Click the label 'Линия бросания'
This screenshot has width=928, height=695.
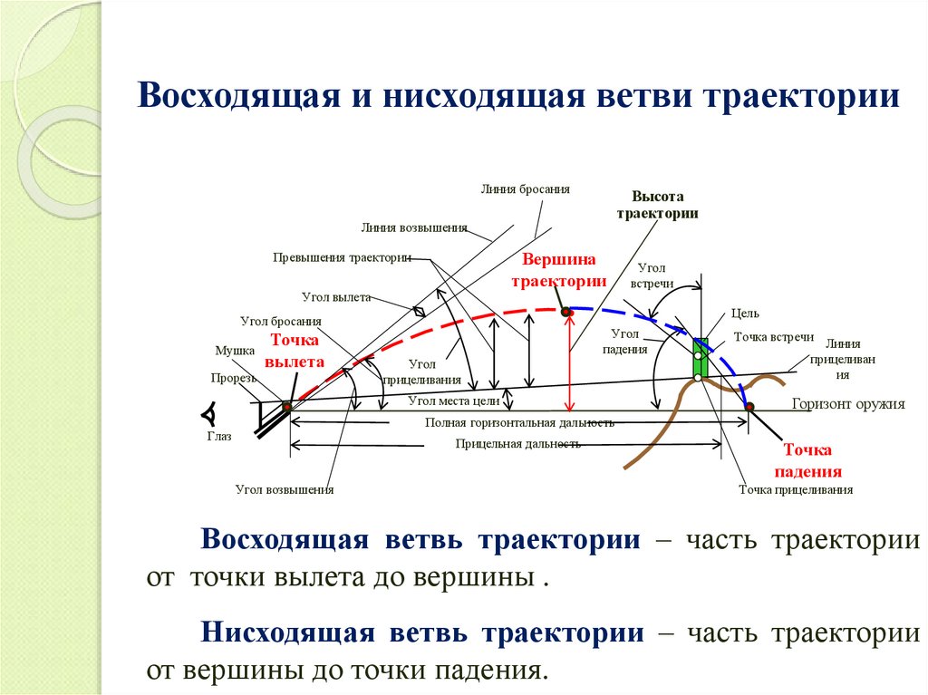pyautogui.click(x=526, y=189)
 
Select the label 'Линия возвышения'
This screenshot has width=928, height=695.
pyautogui.click(x=413, y=227)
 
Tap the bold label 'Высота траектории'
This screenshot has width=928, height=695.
pyautogui.click(x=657, y=205)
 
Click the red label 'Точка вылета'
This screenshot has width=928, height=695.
pyautogui.click(x=295, y=351)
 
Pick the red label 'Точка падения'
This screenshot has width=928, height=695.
pyautogui.click(x=813, y=460)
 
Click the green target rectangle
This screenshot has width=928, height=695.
pyautogui.click(x=700, y=358)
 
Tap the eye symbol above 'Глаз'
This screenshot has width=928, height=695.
pyautogui.click(x=209, y=414)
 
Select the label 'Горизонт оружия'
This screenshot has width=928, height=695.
pyautogui.click(x=848, y=405)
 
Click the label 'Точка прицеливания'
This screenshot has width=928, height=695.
pyautogui.click(x=796, y=489)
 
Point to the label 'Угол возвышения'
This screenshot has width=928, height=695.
pyautogui.click(x=285, y=489)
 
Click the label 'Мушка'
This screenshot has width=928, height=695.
pyautogui.click(x=235, y=350)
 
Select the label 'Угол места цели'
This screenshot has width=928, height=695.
pyautogui.click(x=454, y=399)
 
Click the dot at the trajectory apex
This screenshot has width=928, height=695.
pyautogui.click(x=567, y=313)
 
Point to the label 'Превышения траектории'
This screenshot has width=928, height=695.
pyautogui.click(x=342, y=257)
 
